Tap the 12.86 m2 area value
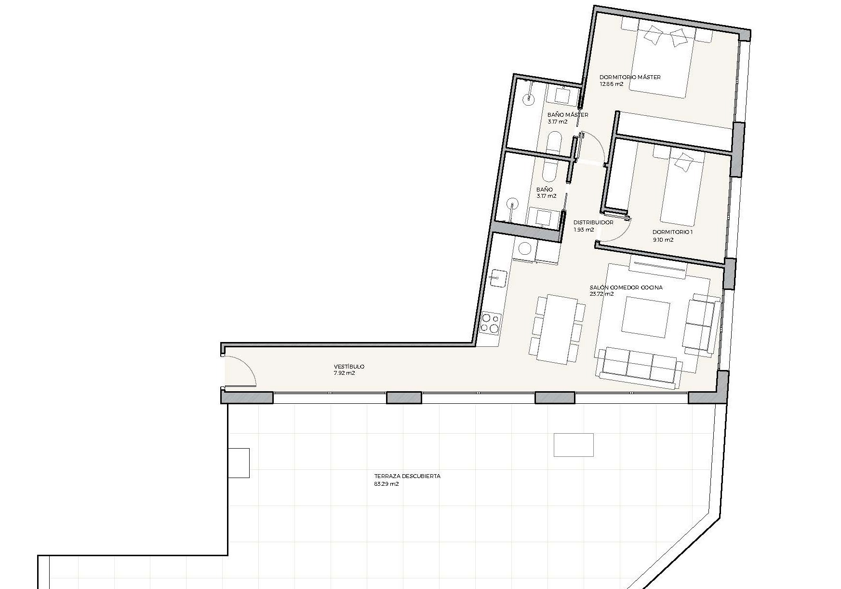click(x=611, y=84)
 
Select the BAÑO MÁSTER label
click(x=568, y=115)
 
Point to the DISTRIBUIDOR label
click(x=593, y=223)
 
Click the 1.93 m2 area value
click(x=584, y=230)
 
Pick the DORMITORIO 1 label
click(x=673, y=232)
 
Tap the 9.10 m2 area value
click(x=663, y=240)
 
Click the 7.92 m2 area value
click(x=344, y=373)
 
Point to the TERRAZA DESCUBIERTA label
click(x=407, y=476)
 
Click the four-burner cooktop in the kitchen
click(x=491, y=323)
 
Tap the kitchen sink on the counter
click(x=498, y=278)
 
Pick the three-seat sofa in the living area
click(x=639, y=368)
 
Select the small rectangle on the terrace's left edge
click(x=239, y=463)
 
